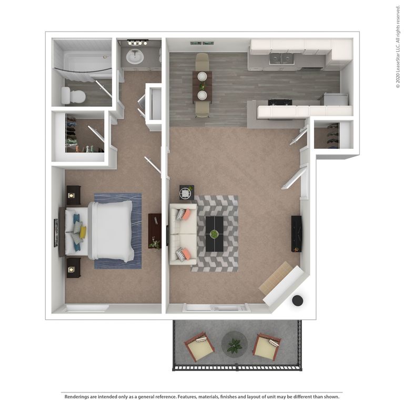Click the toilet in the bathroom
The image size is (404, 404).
[x=74, y=96]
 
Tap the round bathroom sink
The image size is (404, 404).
[x=135, y=56]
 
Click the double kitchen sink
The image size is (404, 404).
[x=281, y=58]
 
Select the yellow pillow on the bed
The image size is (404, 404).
[x=83, y=232]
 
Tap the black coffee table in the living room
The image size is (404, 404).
[x=215, y=234]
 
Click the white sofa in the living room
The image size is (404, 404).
[x=183, y=234]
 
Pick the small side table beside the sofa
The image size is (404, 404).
[x=186, y=193]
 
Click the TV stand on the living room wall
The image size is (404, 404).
[x=296, y=234]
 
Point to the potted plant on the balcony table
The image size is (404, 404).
[x=235, y=346]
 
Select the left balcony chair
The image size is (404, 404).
[x=199, y=346]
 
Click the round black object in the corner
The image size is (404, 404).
[x=297, y=301]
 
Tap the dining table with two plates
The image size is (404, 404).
[x=202, y=86]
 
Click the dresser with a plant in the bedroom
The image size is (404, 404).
[x=155, y=231]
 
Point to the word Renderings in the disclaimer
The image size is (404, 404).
[x=80, y=396]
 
